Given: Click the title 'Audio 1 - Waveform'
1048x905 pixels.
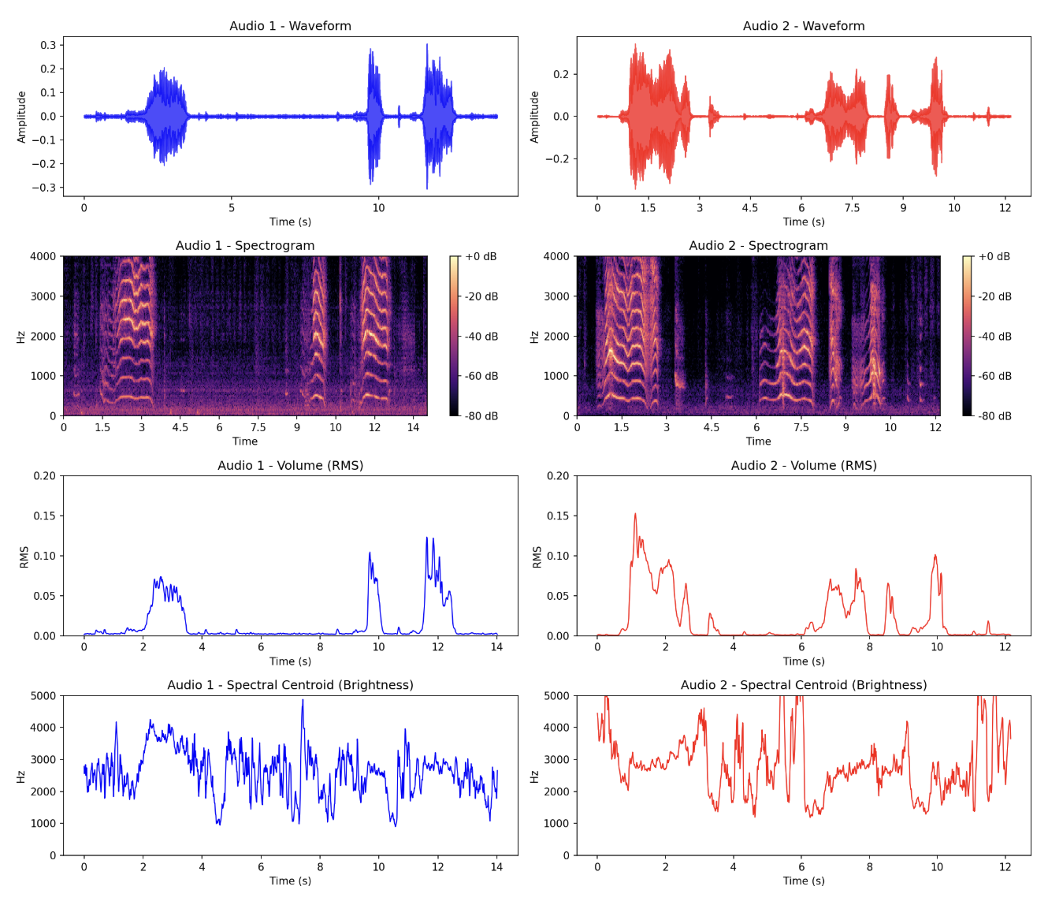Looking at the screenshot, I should click(x=290, y=26).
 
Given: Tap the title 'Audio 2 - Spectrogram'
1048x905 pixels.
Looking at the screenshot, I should click(x=758, y=246).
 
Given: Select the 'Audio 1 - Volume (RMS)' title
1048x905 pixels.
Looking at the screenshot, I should click(x=290, y=466).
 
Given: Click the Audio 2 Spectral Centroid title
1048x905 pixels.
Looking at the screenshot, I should click(x=803, y=685).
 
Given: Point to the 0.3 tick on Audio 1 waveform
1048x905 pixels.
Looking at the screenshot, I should click(x=48, y=45).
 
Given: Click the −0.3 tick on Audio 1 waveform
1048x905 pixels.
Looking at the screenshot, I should click(x=45, y=188).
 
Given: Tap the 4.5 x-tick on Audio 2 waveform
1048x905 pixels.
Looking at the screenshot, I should click(x=749, y=208).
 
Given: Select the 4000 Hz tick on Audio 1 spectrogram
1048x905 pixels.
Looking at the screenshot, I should click(x=43, y=256).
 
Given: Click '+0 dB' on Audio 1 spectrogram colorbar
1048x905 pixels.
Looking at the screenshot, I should click(x=481, y=257).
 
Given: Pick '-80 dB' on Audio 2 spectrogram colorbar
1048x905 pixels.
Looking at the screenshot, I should click(x=994, y=416).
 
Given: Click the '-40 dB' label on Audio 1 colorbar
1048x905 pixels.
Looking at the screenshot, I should click(x=481, y=337).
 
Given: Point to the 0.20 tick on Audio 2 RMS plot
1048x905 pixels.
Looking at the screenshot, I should click(x=558, y=476).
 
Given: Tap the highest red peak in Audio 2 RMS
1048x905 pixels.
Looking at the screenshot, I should click(x=635, y=514).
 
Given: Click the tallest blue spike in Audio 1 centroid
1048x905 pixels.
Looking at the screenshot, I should click(x=303, y=700).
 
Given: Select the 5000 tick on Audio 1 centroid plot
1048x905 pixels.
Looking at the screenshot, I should click(x=43, y=696).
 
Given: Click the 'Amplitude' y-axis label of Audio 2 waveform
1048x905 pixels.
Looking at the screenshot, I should click(x=534, y=117).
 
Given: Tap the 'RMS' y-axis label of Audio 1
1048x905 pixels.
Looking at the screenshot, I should click(x=24, y=557).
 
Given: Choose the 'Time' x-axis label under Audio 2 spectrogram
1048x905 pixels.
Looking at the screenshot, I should click(x=758, y=441).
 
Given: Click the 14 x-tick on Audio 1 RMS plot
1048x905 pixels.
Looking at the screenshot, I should click(x=496, y=647).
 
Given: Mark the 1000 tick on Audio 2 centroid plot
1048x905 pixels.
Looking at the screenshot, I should click(x=556, y=824).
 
